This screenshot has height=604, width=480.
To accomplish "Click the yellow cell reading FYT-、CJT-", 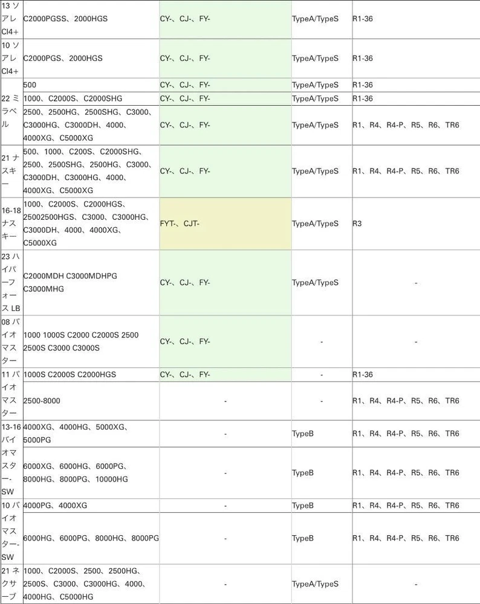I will pos(225,223).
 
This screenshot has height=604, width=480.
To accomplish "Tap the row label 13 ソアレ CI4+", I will pos(11,19).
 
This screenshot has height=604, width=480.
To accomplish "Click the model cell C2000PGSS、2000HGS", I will pos(65,19).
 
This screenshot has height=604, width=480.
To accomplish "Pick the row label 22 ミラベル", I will pos(11,112).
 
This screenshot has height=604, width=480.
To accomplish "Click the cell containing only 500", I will pos(30,85).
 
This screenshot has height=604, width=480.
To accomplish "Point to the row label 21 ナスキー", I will pos(11,171).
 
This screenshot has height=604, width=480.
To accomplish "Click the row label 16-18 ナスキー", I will pos(11,223).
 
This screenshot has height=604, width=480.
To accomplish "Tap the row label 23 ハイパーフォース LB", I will pos(11,283).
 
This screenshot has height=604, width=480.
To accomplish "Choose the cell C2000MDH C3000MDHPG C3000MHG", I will pos(70,283).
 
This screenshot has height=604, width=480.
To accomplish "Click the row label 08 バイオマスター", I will pos(11,341).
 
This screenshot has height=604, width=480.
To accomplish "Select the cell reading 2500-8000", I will pos(42,400).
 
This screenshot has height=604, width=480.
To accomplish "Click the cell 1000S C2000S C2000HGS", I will pos(70,374).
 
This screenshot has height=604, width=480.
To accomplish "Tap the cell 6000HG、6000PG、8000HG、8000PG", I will pos(91,538).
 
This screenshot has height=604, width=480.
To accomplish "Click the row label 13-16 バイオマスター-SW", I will pos(11,460).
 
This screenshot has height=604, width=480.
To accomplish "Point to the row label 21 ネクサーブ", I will pos(11,584).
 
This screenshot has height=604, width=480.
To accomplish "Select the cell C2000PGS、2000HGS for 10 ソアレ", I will pos(63,59).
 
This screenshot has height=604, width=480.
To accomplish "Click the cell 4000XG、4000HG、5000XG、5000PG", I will pos(76,434).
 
